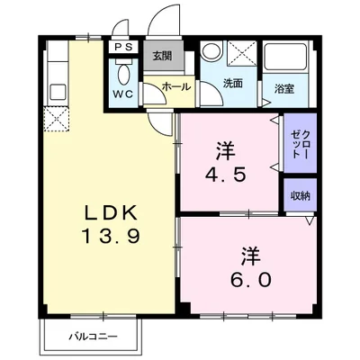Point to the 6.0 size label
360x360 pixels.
click(251, 280)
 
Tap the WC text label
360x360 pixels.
click(123, 93)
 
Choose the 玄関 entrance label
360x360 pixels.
click(161, 57)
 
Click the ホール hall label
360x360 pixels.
click(175, 88)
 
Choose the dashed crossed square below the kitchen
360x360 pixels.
click(54, 118)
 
